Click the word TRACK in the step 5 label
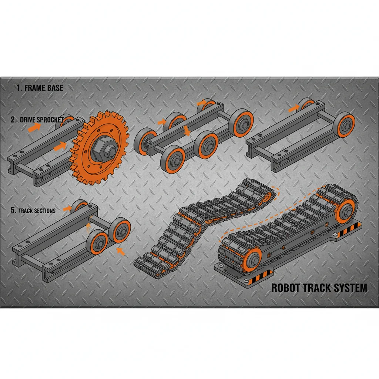coord(26,211)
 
